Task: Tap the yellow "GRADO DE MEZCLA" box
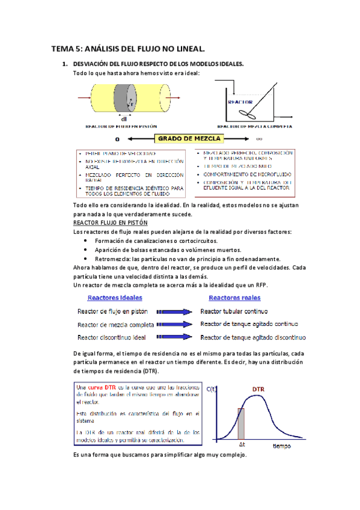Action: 189,139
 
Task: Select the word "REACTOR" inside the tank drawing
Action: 240,102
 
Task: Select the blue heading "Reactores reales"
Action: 234,298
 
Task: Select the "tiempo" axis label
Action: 281,446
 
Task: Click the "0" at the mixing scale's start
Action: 76,139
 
